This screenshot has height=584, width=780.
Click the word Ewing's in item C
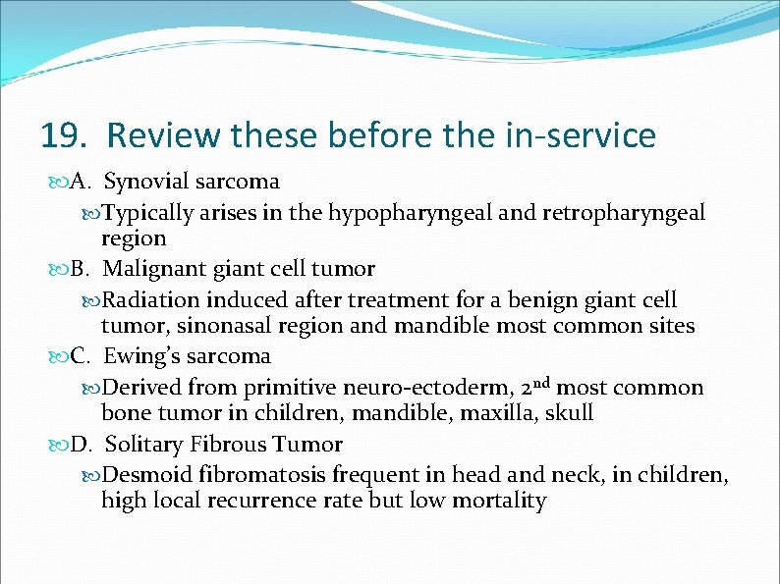[142, 355]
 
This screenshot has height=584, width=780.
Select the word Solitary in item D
[144, 445]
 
